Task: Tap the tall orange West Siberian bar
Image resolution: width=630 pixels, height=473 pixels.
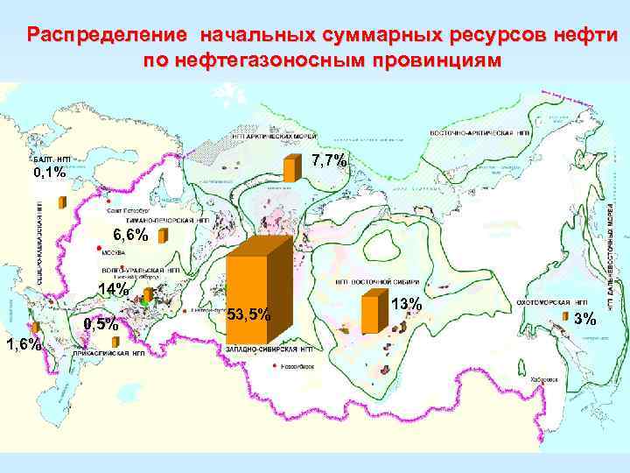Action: (254, 280)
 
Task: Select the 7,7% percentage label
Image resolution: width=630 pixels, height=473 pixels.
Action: (329, 160)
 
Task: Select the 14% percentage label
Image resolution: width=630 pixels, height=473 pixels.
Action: (115, 290)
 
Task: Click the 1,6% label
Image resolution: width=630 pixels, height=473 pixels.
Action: (23, 343)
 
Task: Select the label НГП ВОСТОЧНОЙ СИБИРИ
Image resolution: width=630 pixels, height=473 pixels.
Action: (371, 282)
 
